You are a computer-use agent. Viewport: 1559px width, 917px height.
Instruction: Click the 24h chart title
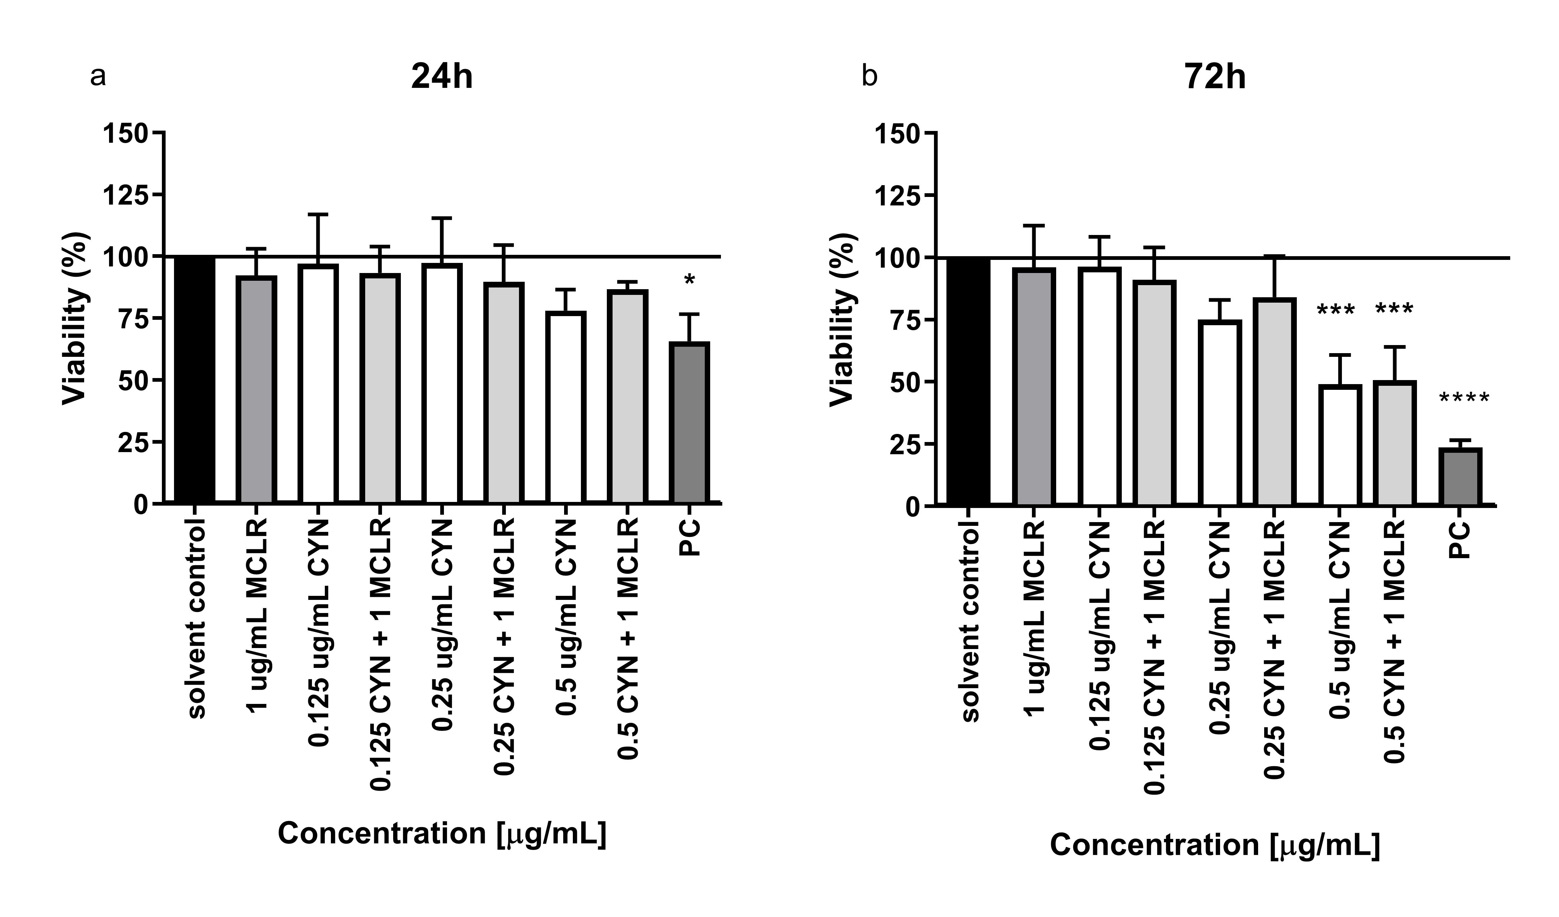pos(442,78)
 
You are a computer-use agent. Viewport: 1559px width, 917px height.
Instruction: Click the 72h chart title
pos(1215,78)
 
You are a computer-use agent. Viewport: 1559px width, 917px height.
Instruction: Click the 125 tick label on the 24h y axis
pos(125,194)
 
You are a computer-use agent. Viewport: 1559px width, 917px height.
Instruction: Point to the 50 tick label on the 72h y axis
pos(904,382)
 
